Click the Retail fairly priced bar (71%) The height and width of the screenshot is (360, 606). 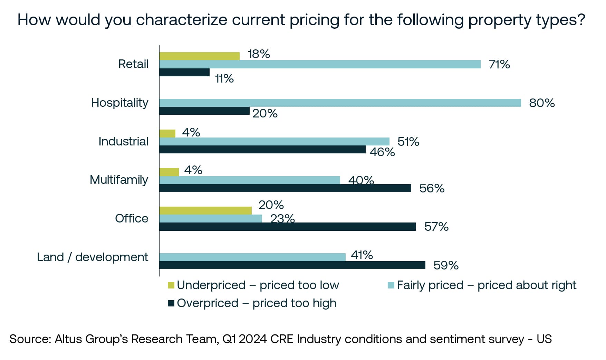click(x=320, y=64)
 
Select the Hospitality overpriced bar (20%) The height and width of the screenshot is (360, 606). click(x=204, y=111)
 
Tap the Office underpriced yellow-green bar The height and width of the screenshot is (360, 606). click(x=205, y=210)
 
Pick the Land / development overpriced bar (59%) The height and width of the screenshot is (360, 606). click(x=292, y=265)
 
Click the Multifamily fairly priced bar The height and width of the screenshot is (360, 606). click(x=249, y=180)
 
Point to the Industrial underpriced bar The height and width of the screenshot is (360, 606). click(x=167, y=133)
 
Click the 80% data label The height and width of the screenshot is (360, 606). click(x=541, y=103)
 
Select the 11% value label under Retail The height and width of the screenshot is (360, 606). click(x=224, y=79)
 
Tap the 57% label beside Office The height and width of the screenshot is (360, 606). click(x=436, y=227)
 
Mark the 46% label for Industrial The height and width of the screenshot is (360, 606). click(x=382, y=152)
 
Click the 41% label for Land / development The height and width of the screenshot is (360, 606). click(x=362, y=255)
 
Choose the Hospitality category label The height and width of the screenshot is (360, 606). click(x=119, y=103)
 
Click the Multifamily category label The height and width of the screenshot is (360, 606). click(x=119, y=180)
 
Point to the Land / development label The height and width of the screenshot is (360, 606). click(x=93, y=257)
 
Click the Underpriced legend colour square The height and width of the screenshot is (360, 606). click(x=171, y=285)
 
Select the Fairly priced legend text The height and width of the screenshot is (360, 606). click(x=486, y=285)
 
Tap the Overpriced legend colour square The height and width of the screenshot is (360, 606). click(x=171, y=303)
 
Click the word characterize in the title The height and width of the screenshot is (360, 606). click(x=182, y=20)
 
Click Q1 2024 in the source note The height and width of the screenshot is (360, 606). click(x=244, y=339)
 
